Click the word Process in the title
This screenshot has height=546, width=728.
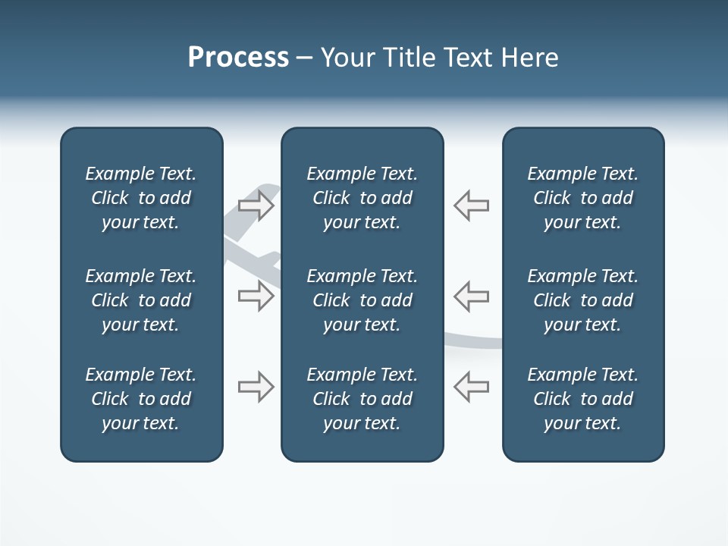tap(238, 58)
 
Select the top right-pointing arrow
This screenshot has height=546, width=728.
tap(256, 206)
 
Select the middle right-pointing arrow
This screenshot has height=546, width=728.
tap(256, 296)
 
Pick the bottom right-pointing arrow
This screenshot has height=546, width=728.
tap(256, 387)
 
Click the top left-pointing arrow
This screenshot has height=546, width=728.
tap(471, 206)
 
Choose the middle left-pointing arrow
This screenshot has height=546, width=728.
tap(471, 296)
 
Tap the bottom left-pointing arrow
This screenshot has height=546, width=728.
tap(471, 387)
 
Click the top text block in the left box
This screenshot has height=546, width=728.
tap(141, 198)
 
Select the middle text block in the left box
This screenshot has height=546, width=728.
tap(141, 300)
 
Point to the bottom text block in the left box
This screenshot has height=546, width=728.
tap(141, 399)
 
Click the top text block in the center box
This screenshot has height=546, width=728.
tap(362, 198)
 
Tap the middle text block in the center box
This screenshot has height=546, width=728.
tap(362, 300)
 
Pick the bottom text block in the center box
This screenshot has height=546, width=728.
tap(362, 399)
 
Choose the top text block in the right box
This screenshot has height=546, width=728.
tap(582, 198)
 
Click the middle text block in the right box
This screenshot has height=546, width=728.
tap(582, 300)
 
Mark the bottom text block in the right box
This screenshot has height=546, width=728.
tap(582, 399)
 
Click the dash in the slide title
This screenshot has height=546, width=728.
tap(304, 58)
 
